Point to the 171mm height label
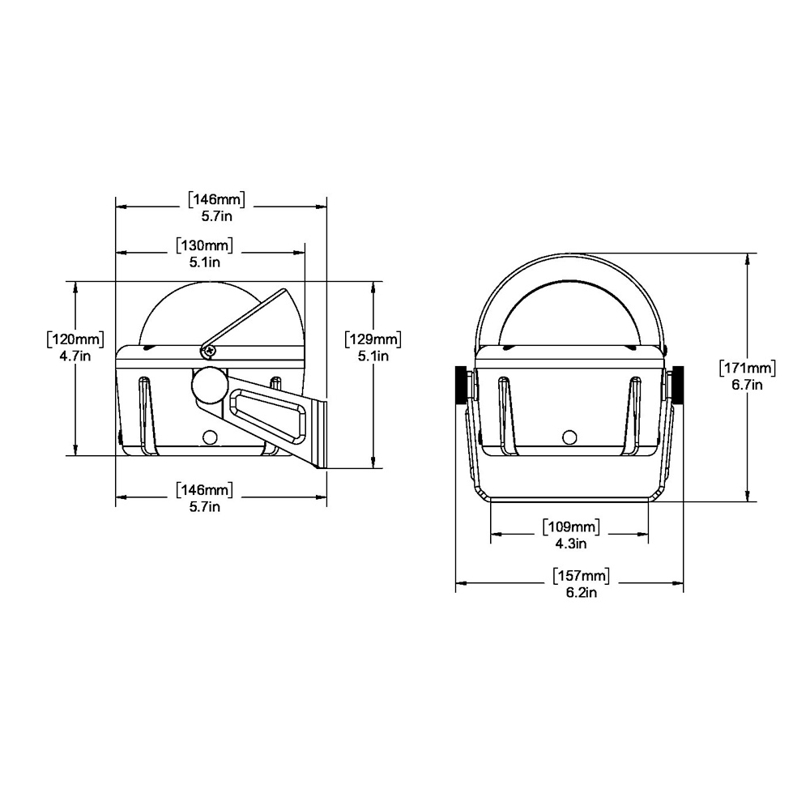coord(748,369)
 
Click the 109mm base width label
coord(570,527)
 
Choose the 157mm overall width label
coord(581,576)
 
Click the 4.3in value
coord(570,544)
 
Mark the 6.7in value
coord(748,385)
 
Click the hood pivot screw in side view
coord(210,351)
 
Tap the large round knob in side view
coord(209,386)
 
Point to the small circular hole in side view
coord(211,437)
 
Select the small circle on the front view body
coord(569,437)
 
